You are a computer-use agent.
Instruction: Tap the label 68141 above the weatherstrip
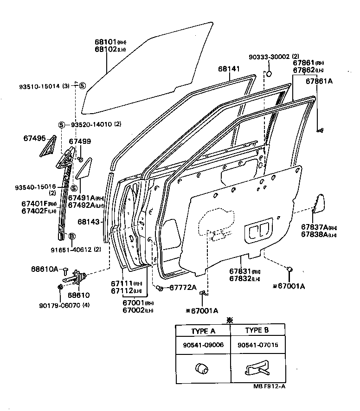pos(229,69)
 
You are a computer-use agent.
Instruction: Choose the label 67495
pos(34,138)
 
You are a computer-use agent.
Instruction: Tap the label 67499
pos(80,141)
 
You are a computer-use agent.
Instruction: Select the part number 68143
pos(89,222)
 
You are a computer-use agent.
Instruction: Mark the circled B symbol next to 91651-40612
pos(72,237)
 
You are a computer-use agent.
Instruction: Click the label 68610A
pos(45,269)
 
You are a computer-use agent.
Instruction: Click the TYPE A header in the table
pos(203,330)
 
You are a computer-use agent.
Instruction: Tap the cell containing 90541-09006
pos(203,345)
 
